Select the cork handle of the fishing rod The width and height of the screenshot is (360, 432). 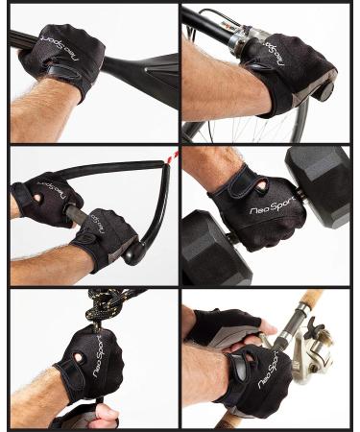(305, 300)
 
